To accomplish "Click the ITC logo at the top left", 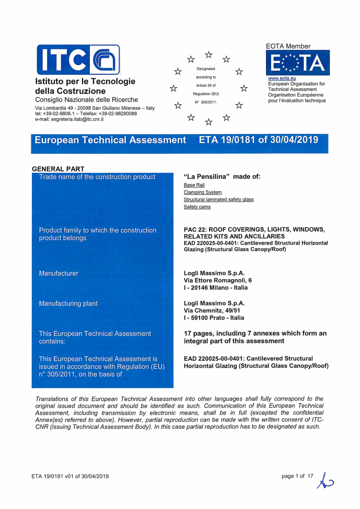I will pos(78,60).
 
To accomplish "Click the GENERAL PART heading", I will pos(58,169).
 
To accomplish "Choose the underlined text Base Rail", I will pos(194,185).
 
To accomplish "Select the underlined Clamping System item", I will pos(203,192).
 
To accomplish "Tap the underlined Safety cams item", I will pos(197,207).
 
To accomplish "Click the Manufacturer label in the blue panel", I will pos(58,273).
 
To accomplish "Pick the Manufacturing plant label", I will pos(68,303).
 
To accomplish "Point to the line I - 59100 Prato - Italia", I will pos(214,318).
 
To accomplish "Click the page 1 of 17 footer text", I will pos(297,476).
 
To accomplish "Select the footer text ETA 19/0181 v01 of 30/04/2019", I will pos(70,476).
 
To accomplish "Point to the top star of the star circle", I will pos(209,54).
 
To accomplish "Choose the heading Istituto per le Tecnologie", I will pos(85,81).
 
